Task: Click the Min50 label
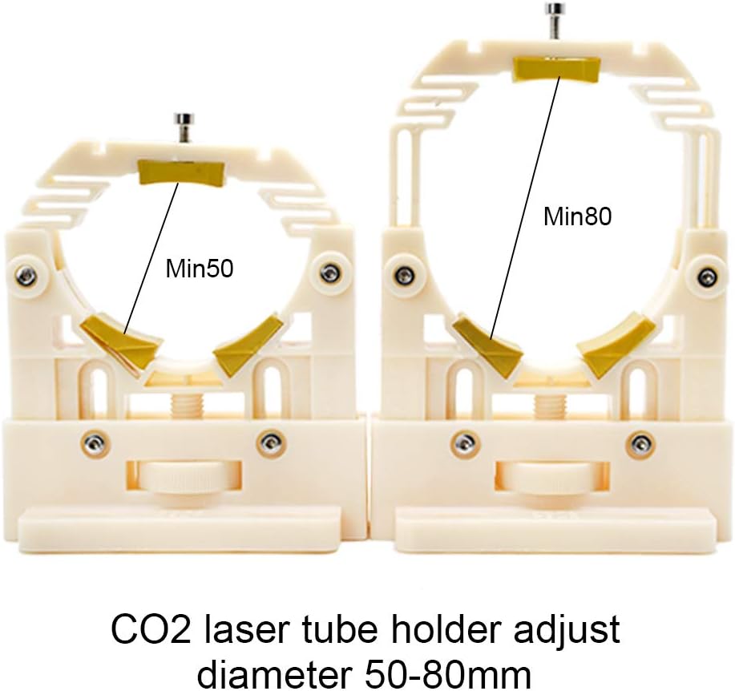(200, 269)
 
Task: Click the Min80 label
(577, 216)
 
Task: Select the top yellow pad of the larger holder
(554, 70)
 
